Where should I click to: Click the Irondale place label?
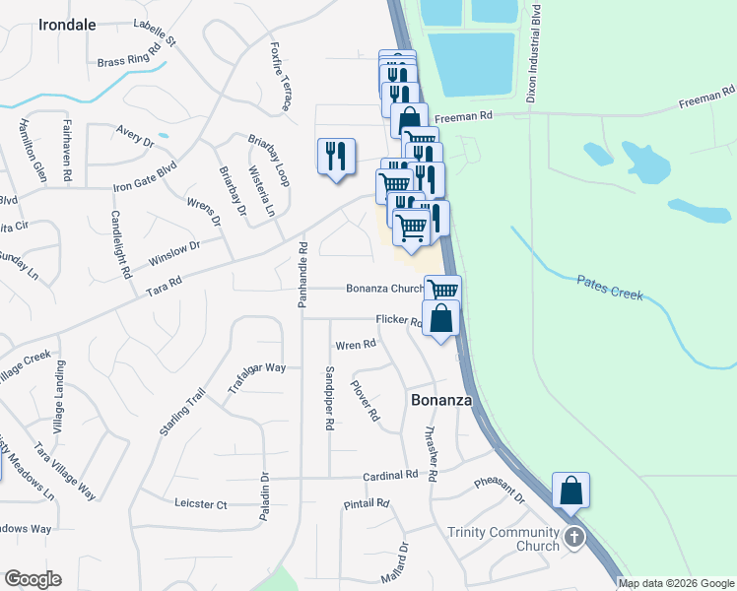point(67,25)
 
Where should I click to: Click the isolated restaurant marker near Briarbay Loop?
point(336,156)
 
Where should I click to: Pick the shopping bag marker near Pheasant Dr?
point(570,490)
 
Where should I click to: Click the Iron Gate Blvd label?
point(144,176)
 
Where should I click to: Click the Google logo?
point(33,579)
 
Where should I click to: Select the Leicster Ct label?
point(200,504)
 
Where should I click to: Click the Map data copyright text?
point(675,583)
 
